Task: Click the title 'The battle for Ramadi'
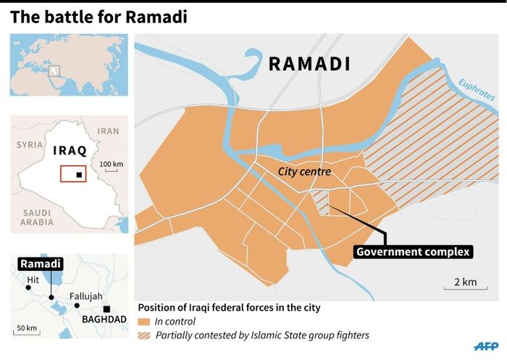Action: click(x=99, y=17)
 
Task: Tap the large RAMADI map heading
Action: click(x=309, y=64)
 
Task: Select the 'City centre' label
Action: click(x=305, y=172)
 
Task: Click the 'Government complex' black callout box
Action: click(x=413, y=252)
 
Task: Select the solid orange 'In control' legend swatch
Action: click(x=145, y=322)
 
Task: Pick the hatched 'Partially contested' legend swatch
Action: click(x=145, y=336)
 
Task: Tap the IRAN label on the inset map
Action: click(x=108, y=131)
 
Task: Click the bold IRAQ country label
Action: click(x=70, y=151)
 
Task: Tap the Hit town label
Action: click(x=33, y=278)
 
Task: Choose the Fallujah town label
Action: click(x=86, y=296)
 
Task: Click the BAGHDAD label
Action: click(x=99, y=318)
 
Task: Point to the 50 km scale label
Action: click(x=28, y=328)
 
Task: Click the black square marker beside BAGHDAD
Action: click(x=107, y=309)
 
